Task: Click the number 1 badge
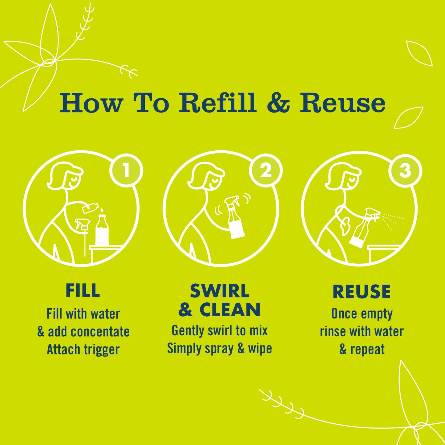tap(126, 171)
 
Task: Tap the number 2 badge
tap(265, 171)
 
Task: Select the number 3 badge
tap(405, 171)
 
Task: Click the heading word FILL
tap(83, 290)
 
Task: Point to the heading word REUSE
tap(362, 292)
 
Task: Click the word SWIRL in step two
tap(220, 291)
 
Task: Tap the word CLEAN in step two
tap(230, 310)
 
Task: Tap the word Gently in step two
tap(188, 330)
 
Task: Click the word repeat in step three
tap(367, 349)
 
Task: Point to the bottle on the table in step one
tap(102, 229)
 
